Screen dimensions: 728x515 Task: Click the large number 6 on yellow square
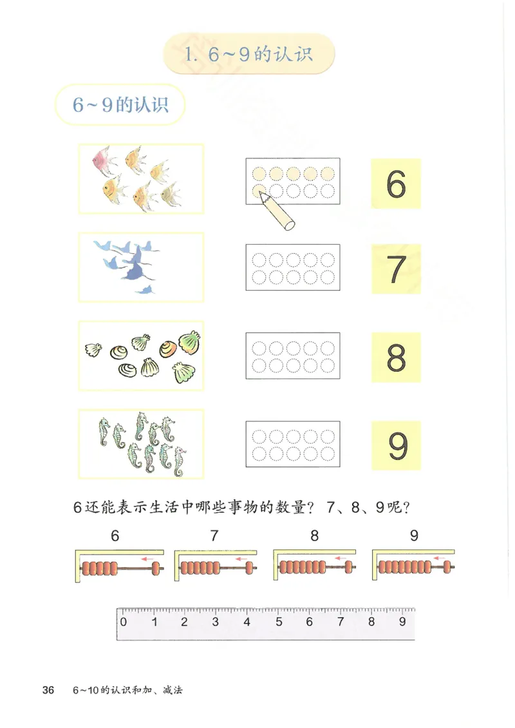tap(396, 184)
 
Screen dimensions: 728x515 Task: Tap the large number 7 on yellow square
tap(397, 271)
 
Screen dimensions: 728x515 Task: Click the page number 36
tap(48, 690)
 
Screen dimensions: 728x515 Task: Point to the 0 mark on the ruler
tap(123, 622)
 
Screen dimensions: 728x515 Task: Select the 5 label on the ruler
tap(279, 622)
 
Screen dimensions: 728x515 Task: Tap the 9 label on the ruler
tap(402, 622)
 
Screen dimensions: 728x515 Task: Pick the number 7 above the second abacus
tap(214, 535)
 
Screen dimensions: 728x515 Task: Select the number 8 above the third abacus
tap(314, 535)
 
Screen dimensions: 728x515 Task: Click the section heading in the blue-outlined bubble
tap(120, 105)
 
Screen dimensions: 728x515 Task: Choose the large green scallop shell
tap(189, 341)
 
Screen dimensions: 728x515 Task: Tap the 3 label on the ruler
tap(216, 622)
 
